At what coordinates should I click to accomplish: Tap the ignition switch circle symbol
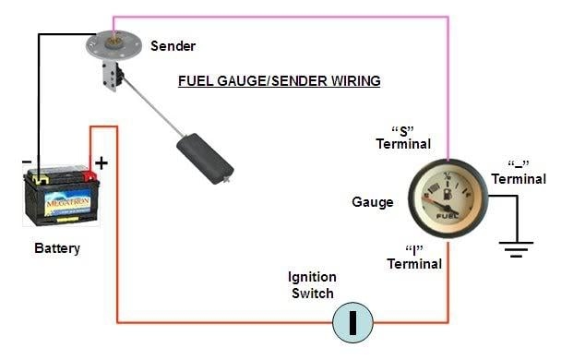(x=352, y=323)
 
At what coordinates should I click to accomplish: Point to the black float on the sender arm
(x=206, y=157)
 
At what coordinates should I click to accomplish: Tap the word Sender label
(x=173, y=45)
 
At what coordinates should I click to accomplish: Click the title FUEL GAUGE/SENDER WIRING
(x=280, y=81)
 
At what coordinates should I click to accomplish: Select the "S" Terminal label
(x=402, y=137)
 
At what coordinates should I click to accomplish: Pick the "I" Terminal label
(x=414, y=256)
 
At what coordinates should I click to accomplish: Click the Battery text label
(x=57, y=248)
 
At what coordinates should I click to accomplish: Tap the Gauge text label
(x=373, y=202)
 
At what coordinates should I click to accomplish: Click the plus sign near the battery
(x=101, y=162)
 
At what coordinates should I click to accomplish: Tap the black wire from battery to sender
(x=38, y=92)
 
